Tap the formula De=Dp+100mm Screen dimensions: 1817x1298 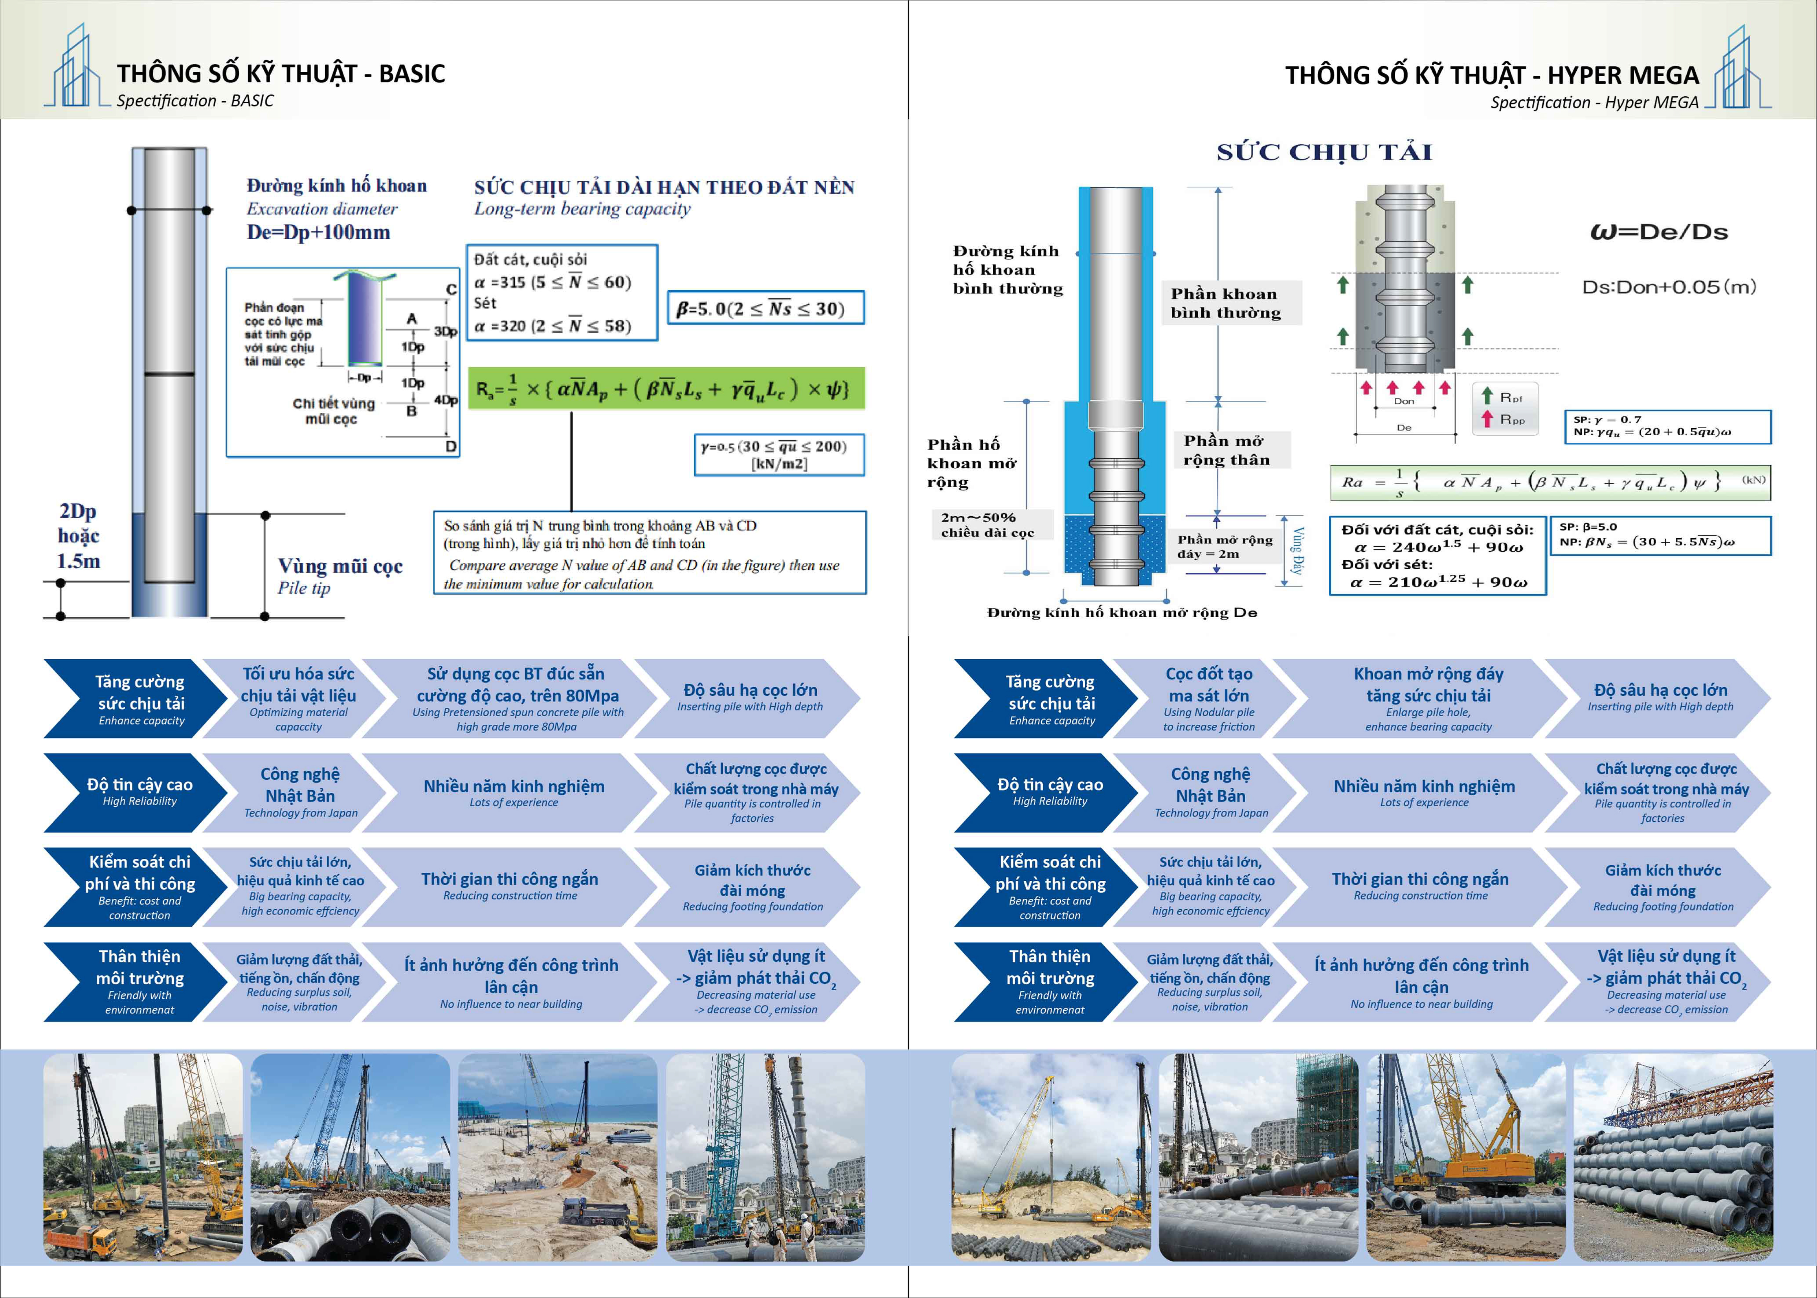318,233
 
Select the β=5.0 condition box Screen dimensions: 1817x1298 765,308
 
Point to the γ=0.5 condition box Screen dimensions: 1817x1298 779,454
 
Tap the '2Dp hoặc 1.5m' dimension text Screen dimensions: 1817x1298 78,536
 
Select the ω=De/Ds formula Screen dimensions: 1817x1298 1659,232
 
